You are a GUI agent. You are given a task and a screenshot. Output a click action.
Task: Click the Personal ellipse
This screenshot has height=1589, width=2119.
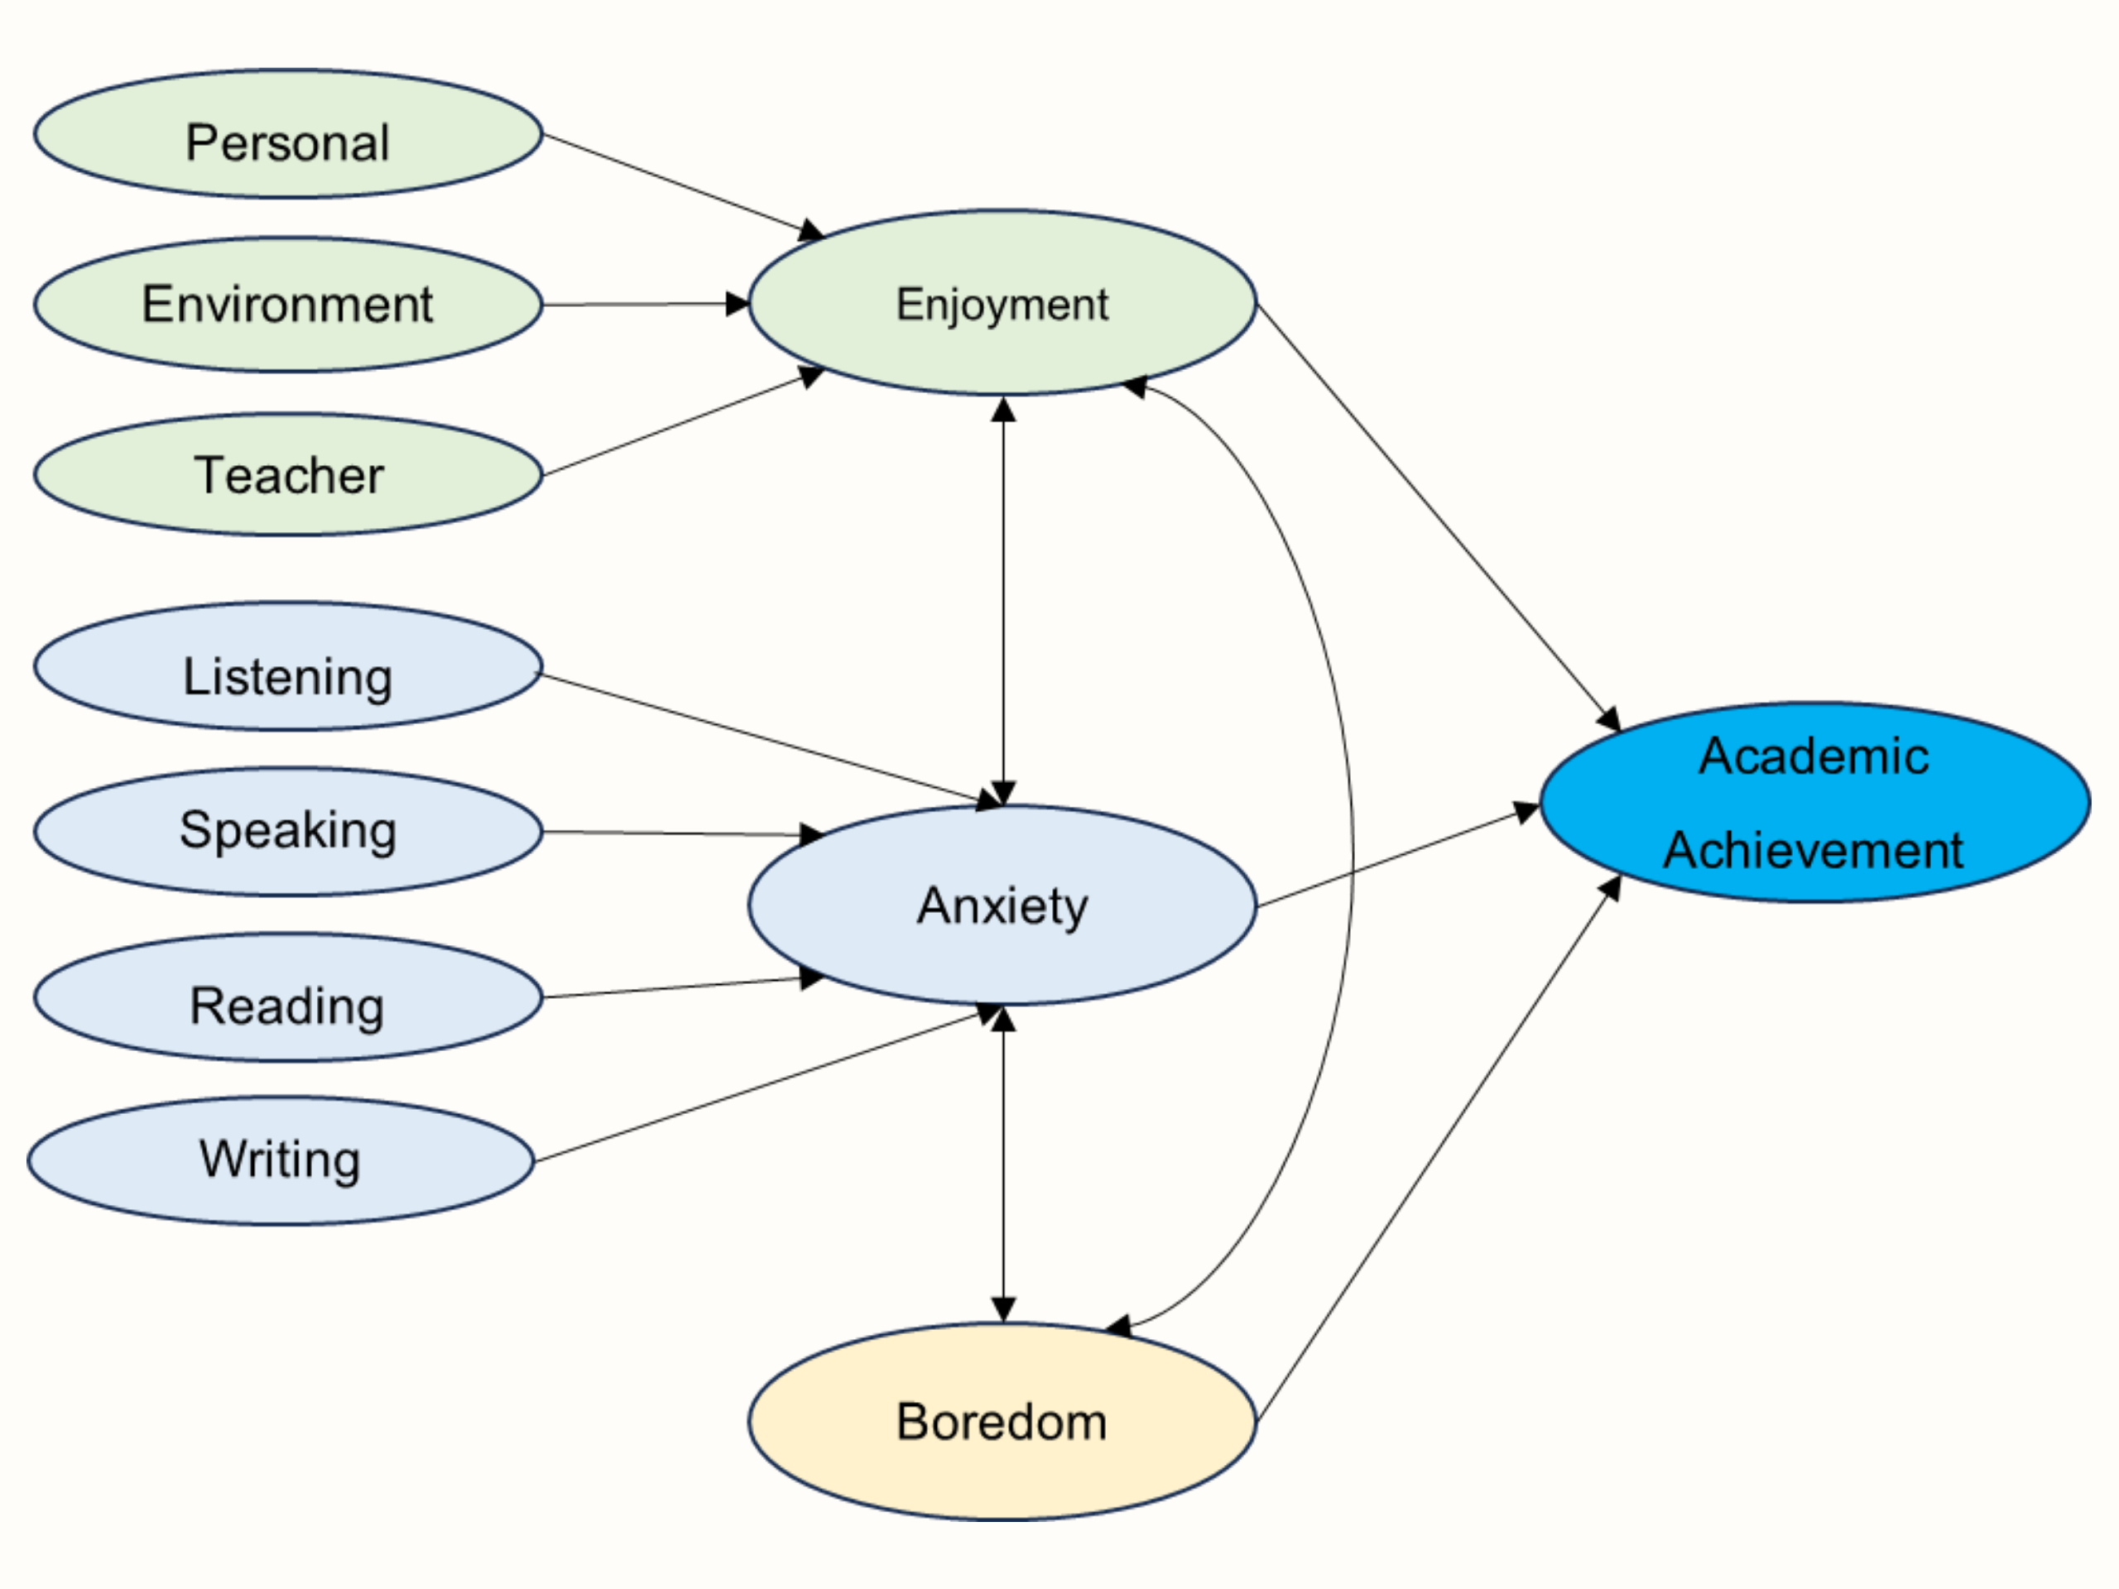(x=288, y=134)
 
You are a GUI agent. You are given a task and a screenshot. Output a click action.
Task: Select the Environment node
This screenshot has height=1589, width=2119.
(x=288, y=305)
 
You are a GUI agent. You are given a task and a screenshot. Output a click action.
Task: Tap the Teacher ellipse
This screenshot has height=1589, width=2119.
(x=288, y=474)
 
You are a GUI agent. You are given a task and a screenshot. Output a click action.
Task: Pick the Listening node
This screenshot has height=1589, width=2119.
(x=288, y=666)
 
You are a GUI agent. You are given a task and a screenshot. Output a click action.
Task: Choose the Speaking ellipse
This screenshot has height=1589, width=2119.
(x=288, y=832)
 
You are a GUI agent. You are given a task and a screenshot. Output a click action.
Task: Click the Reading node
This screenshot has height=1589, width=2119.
(x=288, y=997)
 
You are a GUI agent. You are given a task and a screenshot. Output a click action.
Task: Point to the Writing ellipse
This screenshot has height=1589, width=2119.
(x=281, y=1160)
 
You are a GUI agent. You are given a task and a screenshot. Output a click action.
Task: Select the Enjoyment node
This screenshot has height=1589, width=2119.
(x=1002, y=303)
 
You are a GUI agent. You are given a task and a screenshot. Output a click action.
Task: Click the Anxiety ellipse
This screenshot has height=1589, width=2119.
(x=1002, y=905)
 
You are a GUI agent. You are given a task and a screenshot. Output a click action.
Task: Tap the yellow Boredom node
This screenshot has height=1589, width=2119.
(x=1002, y=1421)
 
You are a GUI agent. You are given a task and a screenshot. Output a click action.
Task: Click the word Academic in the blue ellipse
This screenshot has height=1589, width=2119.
(x=1814, y=756)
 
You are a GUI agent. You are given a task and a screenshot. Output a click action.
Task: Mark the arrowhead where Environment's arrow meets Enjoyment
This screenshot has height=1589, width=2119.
(x=738, y=305)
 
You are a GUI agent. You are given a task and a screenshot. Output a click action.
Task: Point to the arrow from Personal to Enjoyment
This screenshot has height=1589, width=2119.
(x=684, y=186)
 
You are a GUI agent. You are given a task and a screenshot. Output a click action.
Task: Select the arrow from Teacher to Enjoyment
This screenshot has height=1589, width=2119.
(x=684, y=421)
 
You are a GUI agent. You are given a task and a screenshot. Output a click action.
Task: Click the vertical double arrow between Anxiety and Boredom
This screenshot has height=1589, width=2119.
(x=1003, y=1164)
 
